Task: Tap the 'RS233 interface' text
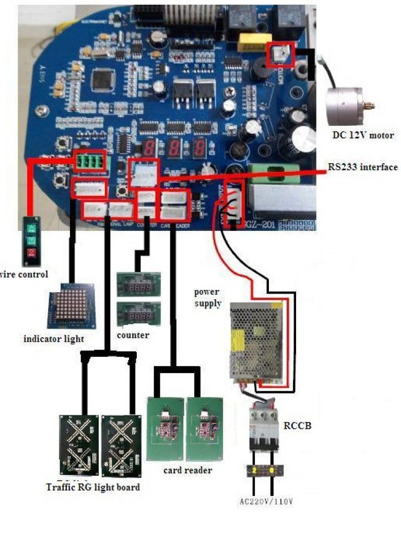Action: (362, 167)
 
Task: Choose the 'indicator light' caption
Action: (54, 339)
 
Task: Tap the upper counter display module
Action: (138, 285)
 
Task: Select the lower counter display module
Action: (138, 314)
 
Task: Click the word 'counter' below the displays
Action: (133, 334)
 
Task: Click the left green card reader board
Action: (165, 428)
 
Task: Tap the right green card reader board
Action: (205, 428)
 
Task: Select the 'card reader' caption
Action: (187, 470)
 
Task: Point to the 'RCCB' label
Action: (297, 425)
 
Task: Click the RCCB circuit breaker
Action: (264, 428)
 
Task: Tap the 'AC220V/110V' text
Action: (266, 502)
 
